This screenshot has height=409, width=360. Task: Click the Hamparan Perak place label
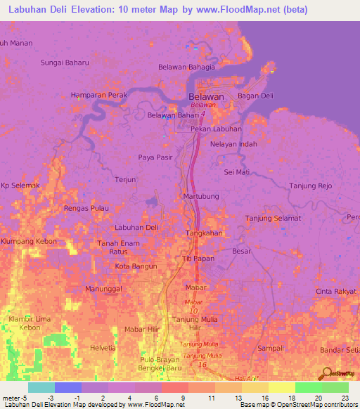pos(99,94)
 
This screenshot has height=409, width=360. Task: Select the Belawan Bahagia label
pos(186,67)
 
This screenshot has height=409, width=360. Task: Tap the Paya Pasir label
pos(155,157)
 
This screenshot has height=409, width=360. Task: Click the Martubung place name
pos(201,196)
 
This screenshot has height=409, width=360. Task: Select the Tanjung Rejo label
pos(310,186)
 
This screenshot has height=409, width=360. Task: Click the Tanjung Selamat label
pos(273,218)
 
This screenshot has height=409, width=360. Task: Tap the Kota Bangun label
pos(135,266)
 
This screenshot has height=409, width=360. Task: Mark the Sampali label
pos(271,348)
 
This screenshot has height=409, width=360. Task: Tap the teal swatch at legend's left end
pos(41,387)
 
